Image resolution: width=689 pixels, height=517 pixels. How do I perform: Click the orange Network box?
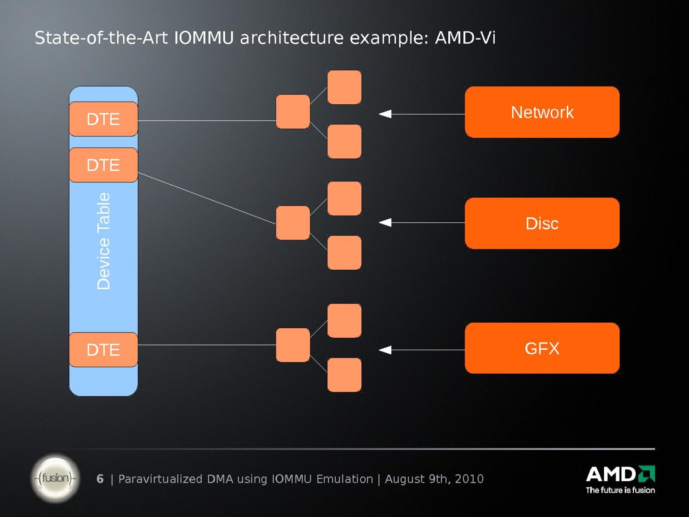pos(542,112)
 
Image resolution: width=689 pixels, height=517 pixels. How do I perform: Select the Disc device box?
pos(542,223)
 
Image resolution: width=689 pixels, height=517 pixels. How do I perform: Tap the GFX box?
pos(542,348)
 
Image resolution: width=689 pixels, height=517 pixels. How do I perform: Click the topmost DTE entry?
pos(103,119)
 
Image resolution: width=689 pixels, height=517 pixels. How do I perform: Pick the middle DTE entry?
pos(103,165)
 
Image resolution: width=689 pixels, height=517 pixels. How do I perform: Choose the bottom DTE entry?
pos(103,349)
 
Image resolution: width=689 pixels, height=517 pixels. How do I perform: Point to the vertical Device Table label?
pos(104,241)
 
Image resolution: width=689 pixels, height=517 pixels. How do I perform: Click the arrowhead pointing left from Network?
pos(385,114)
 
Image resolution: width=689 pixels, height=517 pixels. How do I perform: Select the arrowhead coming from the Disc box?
pos(385,222)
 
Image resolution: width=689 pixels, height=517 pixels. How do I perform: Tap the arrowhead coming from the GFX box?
pos(385,350)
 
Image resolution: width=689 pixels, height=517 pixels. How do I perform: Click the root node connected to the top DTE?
pos(293,112)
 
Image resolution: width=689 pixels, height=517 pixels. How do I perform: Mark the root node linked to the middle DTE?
pos(293,223)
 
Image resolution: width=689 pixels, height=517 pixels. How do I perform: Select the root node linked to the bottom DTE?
pos(293,345)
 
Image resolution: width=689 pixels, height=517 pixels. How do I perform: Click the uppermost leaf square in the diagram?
pos(344,87)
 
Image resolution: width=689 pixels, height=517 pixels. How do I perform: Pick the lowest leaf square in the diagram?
pos(344,375)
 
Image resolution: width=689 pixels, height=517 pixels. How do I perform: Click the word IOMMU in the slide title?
pos(204,38)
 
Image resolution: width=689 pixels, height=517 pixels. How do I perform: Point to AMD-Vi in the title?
pos(465,38)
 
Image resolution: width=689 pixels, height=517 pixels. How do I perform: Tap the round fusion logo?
pos(55,478)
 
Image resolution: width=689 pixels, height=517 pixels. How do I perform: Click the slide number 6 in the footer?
pos(100,479)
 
